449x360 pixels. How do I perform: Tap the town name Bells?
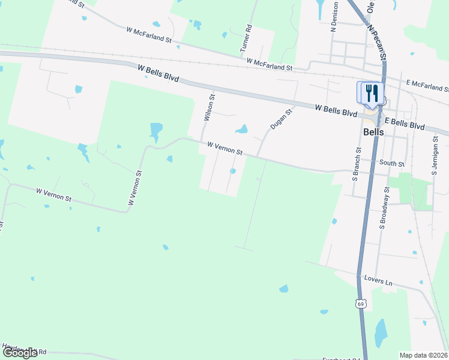(x=373, y=132)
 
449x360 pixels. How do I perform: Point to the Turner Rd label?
(x=245, y=38)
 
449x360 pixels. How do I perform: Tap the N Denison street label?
(x=334, y=17)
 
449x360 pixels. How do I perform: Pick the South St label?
(x=393, y=163)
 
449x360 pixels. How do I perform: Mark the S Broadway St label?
(x=385, y=208)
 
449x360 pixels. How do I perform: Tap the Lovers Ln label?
(x=378, y=281)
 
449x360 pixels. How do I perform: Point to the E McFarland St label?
(x=427, y=85)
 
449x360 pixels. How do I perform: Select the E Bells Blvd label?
(x=405, y=124)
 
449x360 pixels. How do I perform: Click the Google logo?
(x=20, y=352)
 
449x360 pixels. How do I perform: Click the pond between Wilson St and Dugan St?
(x=241, y=129)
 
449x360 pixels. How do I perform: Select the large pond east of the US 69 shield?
(x=381, y=333)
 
